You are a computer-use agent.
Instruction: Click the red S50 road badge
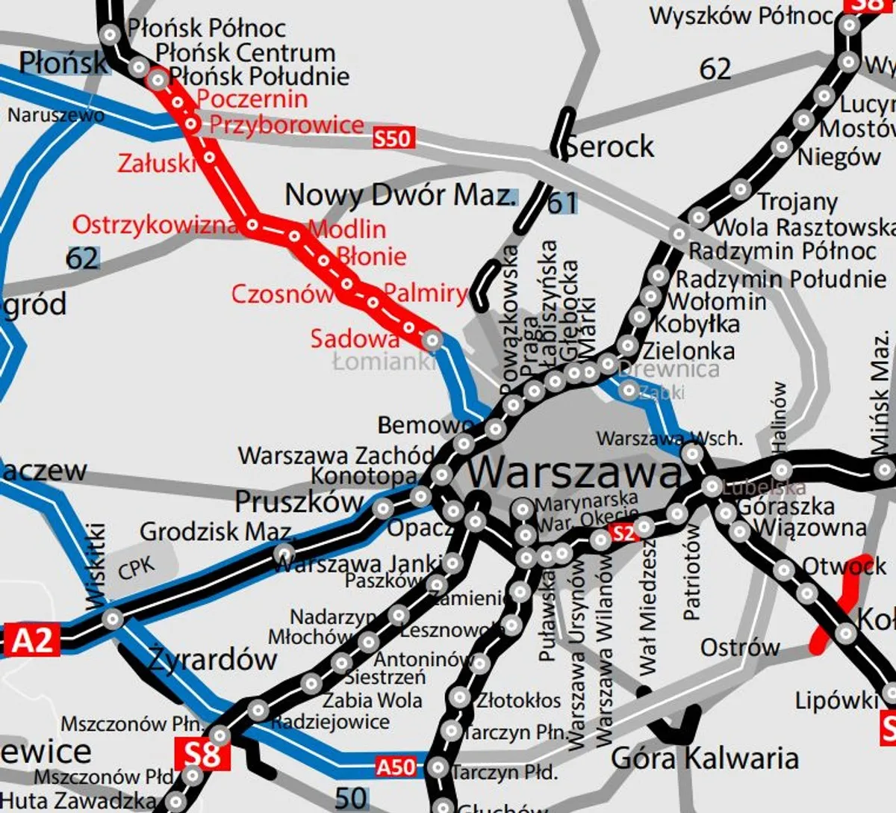click(x=393, y=138)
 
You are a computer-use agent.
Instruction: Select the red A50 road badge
click(x=395, y=767)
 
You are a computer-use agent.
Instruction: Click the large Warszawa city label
click(x=574, y=472)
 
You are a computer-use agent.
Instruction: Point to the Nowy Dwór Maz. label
click(x=400, y=195)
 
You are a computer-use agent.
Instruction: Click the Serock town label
click(x=609, y=146)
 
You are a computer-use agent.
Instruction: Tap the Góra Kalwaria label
click(x=704, y=758)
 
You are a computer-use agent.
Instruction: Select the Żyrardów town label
click(x=212, y=659)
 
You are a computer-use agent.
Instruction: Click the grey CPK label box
click(x=136, y=569)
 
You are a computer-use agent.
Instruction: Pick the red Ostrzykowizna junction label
click(x=155, y=224)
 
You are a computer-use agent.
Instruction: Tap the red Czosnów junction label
click(x=281, y=294)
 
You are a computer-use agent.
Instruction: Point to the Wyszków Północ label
click(x=741, y=16)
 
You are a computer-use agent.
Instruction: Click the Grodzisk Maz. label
click(x=216, y=532)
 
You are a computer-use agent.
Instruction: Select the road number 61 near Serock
click(x=562, y=203)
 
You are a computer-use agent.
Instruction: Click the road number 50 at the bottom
click(x=350, y=797)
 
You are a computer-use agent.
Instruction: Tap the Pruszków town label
click(x=299, y=501)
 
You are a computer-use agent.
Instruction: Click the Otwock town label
click(x=844, y=566)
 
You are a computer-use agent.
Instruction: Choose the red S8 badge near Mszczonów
click(x=202, y=754)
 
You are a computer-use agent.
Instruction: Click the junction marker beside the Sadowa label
click(x=432, y=341)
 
